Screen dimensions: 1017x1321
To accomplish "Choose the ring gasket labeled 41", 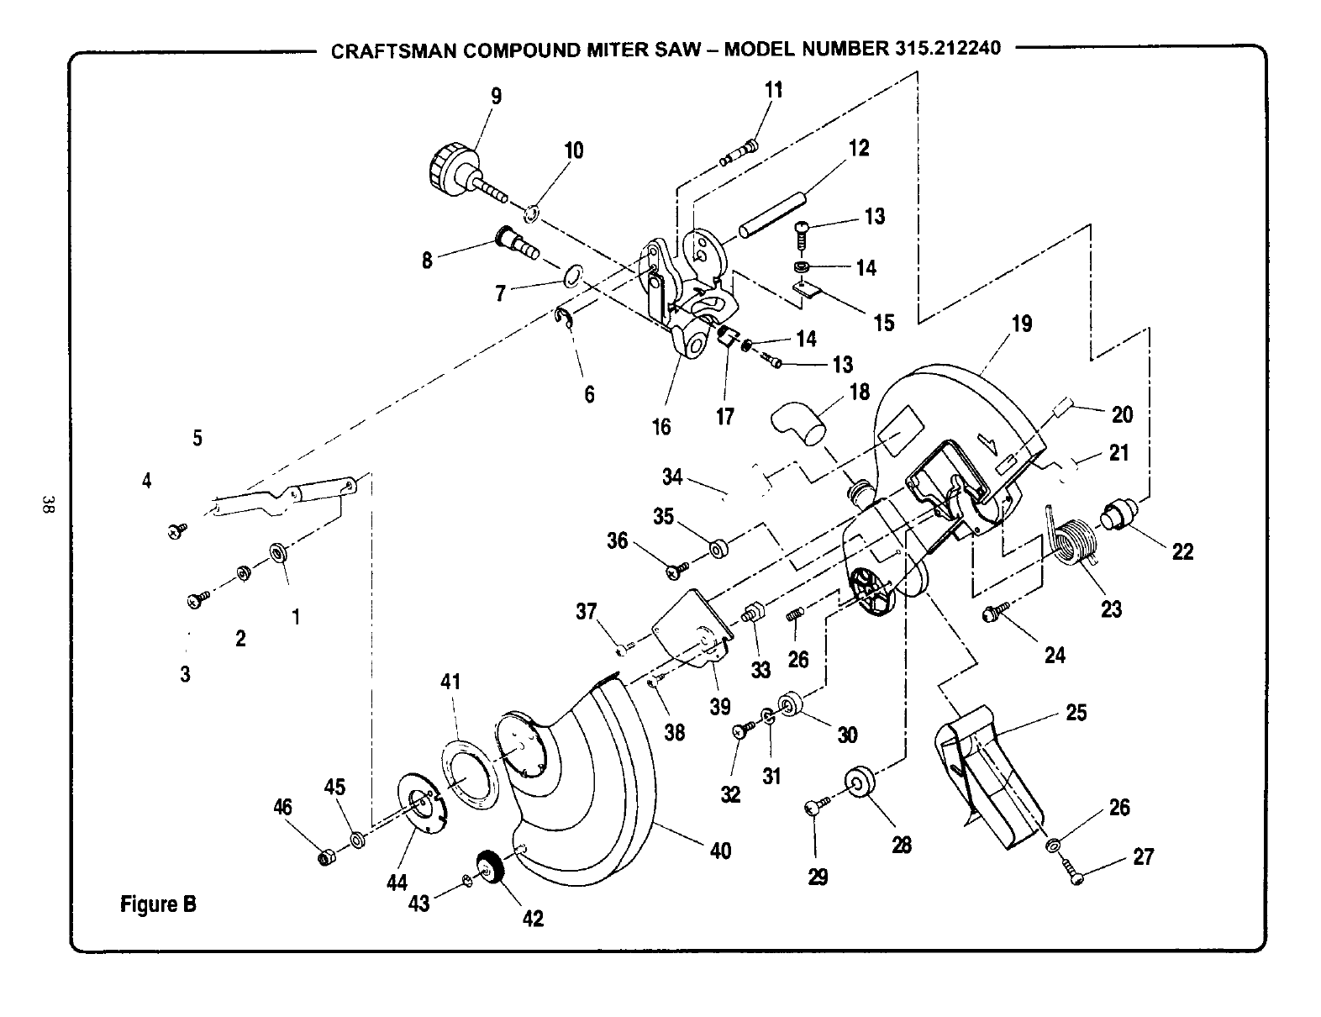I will click(x=470, y=770).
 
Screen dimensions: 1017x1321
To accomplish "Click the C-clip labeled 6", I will click(x=565, y=317).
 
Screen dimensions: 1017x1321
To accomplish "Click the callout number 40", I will click(x=720, y=851).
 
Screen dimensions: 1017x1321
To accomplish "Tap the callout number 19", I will click(x=1021, y=324).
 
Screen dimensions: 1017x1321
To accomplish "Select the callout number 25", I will click(x=1076, y=713).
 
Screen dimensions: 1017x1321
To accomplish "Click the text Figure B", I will click(x=159, y=904).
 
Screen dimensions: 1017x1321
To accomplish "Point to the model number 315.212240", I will click(x=943, y=48).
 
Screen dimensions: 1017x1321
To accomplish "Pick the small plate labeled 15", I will click(x=808, y=290).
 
